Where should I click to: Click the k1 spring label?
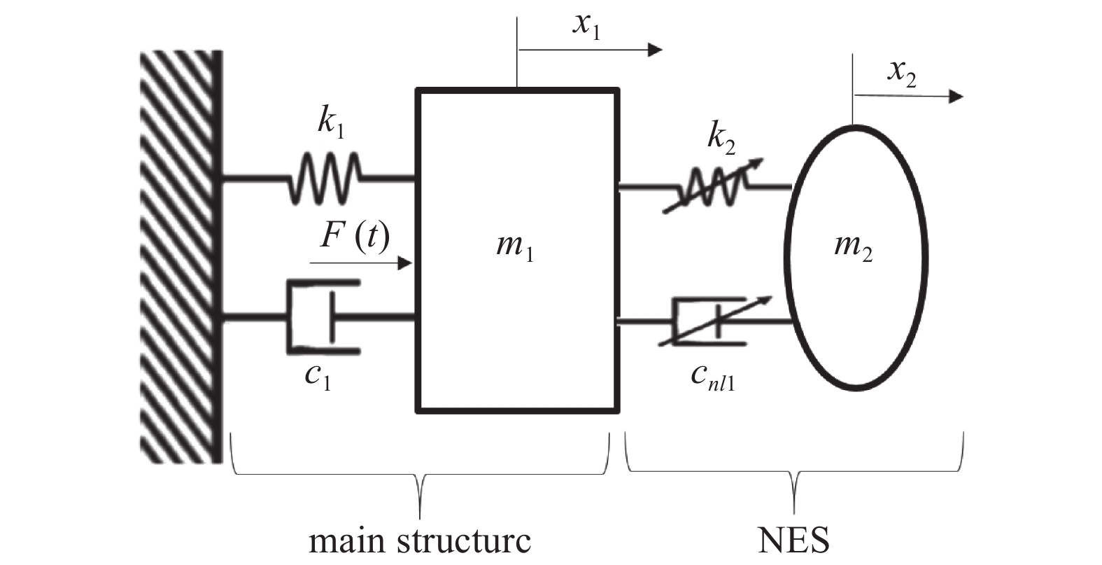[332, 123]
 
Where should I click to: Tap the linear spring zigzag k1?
[325, 179]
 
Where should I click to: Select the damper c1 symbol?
[323, 316]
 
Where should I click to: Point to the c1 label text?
[318, 377]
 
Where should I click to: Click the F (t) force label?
[354, 237]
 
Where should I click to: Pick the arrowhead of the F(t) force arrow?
[405, 263]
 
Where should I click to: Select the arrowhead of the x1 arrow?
[654, 49]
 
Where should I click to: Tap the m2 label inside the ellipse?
[854, 247]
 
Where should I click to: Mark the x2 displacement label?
[901, 73]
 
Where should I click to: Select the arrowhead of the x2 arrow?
[956, 96]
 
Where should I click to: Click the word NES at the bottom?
[794, 540]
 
